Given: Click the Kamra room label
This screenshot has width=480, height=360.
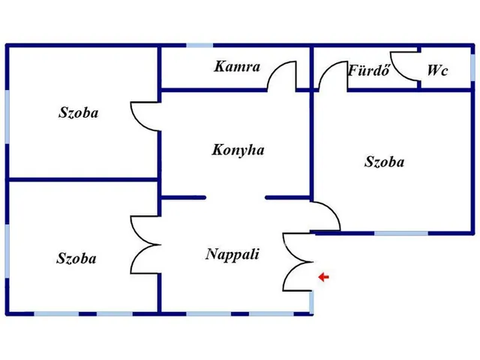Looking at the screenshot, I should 237,67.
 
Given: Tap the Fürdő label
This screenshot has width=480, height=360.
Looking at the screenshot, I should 365,71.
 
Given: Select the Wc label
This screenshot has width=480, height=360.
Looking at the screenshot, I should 437,71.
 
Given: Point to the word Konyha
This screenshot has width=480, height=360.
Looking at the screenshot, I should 238,150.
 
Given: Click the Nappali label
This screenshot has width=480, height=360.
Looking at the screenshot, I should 232,254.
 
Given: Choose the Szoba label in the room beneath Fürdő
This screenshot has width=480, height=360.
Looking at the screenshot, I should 385,161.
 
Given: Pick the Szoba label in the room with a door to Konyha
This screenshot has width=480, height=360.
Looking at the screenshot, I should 79,113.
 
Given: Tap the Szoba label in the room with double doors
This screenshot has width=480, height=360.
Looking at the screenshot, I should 76,259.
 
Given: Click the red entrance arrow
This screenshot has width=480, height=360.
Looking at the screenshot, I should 323,277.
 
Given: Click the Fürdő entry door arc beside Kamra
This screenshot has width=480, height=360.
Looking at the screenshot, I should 328,75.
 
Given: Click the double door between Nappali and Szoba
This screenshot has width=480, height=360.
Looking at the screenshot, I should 144,244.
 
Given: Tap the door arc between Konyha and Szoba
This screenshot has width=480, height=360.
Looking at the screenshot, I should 144,116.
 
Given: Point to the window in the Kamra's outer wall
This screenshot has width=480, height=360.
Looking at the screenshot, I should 199,46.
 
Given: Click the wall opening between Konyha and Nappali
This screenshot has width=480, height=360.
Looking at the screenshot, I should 235,198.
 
